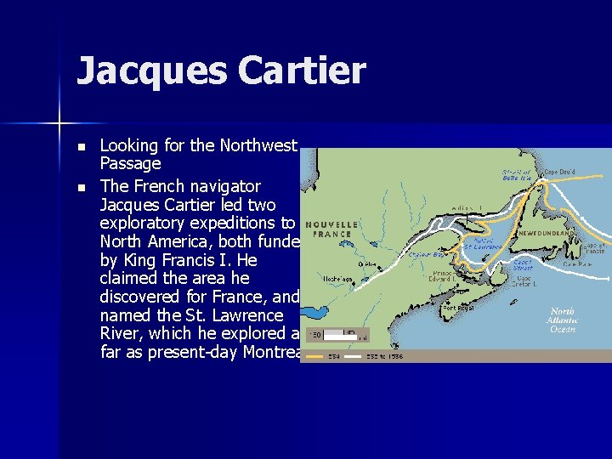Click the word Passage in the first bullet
pyautogui.click(x=130, y=163)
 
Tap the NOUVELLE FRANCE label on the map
pyautogui.click(x=331, y=228)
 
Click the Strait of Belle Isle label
pyautogui.click(x=516, y=175)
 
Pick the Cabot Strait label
pyautogui.click(x=522, y=264)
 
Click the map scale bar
pyautogui.click(x=343, y=334)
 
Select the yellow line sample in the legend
pyautogui.click(x=316, y=357)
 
